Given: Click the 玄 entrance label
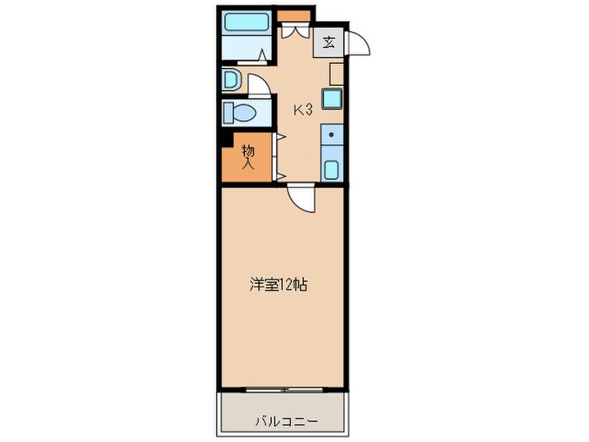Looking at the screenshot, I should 328,43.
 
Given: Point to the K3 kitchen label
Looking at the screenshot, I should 303,109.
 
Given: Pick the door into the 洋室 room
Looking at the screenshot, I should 300,199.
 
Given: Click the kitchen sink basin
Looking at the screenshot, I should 331,168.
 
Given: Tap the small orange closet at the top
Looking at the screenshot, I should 294,15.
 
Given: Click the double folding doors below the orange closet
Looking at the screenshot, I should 294,31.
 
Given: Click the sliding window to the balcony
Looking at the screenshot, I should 284,389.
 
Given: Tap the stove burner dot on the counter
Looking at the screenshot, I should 331,134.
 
